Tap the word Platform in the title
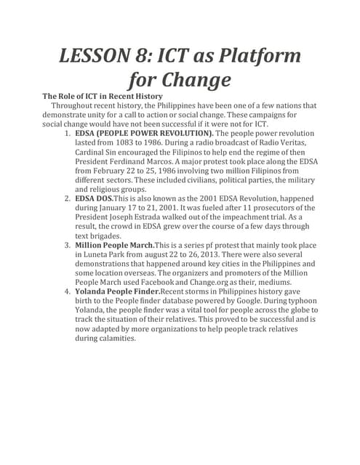pyautogui.click(x=255, y=55)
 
